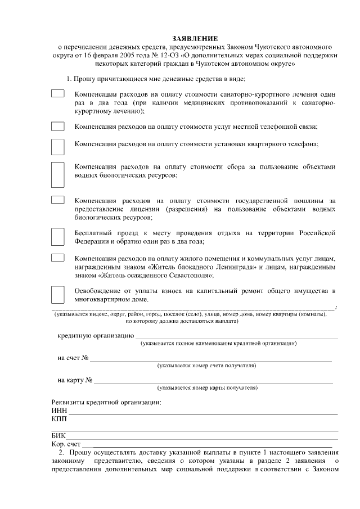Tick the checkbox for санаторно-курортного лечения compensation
tap(57, 93)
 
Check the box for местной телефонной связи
tap(57, 127)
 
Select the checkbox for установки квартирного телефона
tap(57, 146)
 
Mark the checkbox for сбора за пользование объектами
tap(57, 175)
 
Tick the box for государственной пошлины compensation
tap(57, 200)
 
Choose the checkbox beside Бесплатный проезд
tap(57, 237)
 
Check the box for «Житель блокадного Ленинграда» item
tap(57, 258)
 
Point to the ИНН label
tap(59, 411)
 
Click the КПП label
tap(59, 419)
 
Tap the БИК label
tap(58, 436)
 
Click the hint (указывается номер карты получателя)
tap(208, 388)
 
